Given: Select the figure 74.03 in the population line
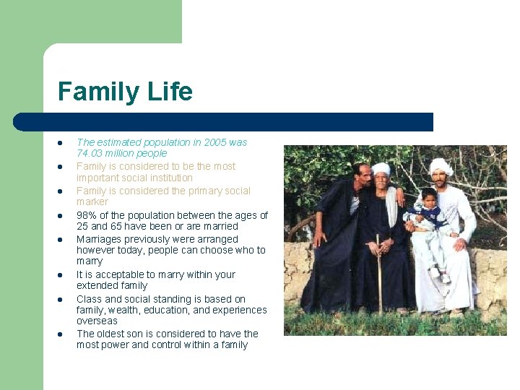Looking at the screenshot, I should (x=90, y=153).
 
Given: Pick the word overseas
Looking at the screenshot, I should (x=97, y=321).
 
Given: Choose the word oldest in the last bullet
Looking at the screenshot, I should (x=113, y=334).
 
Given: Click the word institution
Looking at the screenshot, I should (x=167, y=178).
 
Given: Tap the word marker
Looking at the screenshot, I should (x=92, y=201).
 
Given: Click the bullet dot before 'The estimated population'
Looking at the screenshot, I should (x=62, y=143).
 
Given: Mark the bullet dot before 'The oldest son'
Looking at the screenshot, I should (x=62, y=334).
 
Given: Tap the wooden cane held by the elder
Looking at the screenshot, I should (x=378, y=274).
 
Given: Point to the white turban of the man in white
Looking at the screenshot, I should (x=441, y=165).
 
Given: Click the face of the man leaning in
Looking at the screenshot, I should (x=363, y=175).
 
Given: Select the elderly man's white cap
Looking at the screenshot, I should (x=381, y=168).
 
